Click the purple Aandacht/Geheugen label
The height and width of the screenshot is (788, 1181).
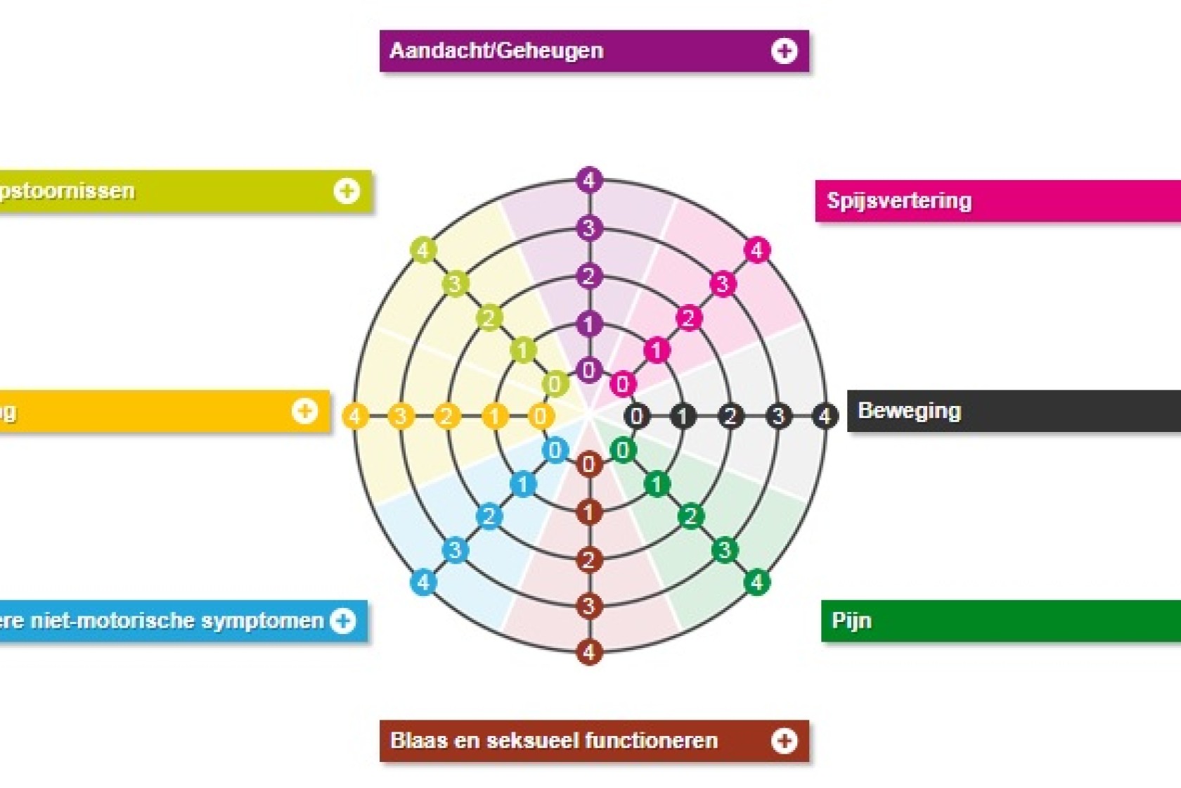coord(534,51)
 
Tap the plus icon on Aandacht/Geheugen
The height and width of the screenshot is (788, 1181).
coord(784,51)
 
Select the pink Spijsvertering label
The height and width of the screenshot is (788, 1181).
coord(984,201)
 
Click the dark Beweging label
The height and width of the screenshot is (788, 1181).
coord(998,411)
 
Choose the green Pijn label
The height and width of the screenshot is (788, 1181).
coord(984,621)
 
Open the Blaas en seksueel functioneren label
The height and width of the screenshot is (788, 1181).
coord(555,741)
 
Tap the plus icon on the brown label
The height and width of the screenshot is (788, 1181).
coord(784,741)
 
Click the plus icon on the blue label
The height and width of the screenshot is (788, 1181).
coord(343,621)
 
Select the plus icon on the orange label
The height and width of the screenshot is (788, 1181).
coord(304,411)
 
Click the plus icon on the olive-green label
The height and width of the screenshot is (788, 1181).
coord(347,191)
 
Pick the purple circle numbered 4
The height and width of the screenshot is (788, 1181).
coord(589,180)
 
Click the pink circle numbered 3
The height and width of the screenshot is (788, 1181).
coord(722,284)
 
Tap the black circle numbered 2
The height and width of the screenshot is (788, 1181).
coord(730,416)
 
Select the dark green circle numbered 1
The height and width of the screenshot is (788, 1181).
coord(657,484)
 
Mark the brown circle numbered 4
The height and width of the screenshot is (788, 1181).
coord(589,652)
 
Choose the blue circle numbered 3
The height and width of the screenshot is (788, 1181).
coord(455,549)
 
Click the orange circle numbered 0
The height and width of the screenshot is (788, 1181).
coord(540,416)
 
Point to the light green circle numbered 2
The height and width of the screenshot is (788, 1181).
coord(489,318)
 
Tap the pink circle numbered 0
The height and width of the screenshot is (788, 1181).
coord(622,384)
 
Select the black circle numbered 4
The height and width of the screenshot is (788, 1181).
coord(825,416)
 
